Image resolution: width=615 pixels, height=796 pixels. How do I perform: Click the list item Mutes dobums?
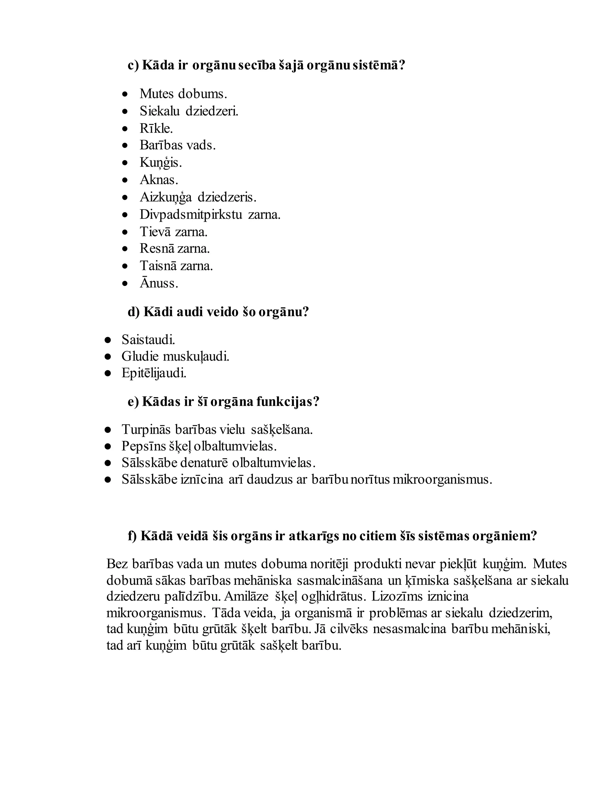click(183, 94)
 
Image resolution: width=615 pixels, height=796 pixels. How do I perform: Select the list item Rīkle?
click(156, 128)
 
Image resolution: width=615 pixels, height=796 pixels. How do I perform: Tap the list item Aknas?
click(159, 180)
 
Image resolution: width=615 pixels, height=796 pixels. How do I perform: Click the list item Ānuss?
click(159, 283)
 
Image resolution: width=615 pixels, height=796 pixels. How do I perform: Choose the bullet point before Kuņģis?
click(125, 163)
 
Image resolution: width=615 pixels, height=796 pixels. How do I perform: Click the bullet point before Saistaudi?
click(108, 340)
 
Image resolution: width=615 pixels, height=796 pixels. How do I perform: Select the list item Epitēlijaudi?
click(154, 373)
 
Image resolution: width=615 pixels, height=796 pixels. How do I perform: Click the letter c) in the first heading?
click(133, 65)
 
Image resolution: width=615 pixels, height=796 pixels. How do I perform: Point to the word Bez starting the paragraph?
click(117, 564)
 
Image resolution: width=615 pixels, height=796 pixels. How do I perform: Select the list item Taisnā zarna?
click(176, 266)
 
